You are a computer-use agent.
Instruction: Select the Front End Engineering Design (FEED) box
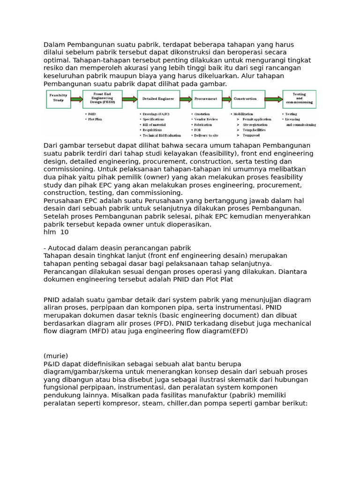[x=102, y=99]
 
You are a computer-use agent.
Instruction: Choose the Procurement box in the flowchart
[x=207, y=99]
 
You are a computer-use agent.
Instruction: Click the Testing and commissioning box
[x=299, y=99]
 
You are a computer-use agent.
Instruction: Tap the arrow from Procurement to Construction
[x=227, y=99]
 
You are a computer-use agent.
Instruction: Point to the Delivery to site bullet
[x=207, y=135]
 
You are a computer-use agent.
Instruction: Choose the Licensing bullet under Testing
[x=295, y=120]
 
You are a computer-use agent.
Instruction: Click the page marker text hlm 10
[x=56, y=232]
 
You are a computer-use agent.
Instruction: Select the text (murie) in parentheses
[x=56, y=356]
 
